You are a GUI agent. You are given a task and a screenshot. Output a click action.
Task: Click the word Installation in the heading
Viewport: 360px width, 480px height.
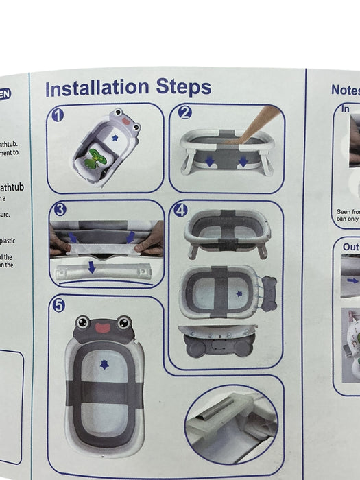pyautogui.click(x=97, y=88)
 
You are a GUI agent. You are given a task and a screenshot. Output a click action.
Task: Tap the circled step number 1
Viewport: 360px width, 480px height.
pyautogui.click(x=58, y=115)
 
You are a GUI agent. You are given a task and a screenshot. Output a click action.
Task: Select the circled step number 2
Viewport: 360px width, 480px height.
pyautogui.click(x=184, y=113)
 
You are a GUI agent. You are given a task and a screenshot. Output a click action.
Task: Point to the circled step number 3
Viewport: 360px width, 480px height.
pyautogui.click(x=60, y=210)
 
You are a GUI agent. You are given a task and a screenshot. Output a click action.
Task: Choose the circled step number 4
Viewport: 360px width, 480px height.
pyautogui.click(x=180, y=211)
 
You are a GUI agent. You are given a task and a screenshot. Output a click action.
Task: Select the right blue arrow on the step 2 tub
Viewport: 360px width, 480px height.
pyautogui.click(x=244, y=162)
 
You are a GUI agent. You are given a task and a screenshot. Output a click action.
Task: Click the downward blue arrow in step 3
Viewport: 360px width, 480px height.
pyautogui.click(x=91, y=267)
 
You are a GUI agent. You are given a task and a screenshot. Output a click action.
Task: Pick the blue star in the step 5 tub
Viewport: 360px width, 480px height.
pyautogui.click(x=104, y=364)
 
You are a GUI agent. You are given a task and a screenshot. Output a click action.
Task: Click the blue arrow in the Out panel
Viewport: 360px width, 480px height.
pyautogui.click(x=352, y=280)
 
